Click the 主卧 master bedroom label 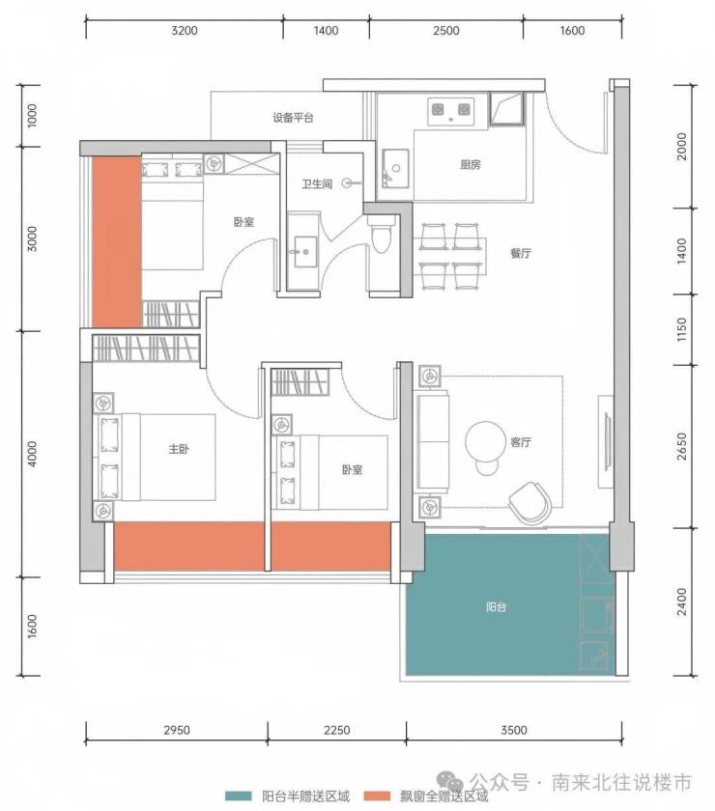click(179, 448)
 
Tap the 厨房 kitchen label click(471, 164)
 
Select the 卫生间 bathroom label click(317, 183)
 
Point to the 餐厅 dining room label click(521, 253)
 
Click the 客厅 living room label click(521, 442)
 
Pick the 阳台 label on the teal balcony click(496, 606)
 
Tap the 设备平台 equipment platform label click(293, 118)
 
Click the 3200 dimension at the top click(185, 31)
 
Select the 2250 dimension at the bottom click(336, 730)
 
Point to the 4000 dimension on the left click(32, 454)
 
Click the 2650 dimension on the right click(682, 446)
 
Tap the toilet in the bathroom click(381, 235)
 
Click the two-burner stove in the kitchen click(451, 111)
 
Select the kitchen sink click(395, 168)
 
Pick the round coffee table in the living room click(485, 441)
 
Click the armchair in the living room click(530, 502)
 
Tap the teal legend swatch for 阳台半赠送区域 click(239, 796)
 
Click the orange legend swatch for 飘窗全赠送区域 click(377, 796)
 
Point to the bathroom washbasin click(305, 252)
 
